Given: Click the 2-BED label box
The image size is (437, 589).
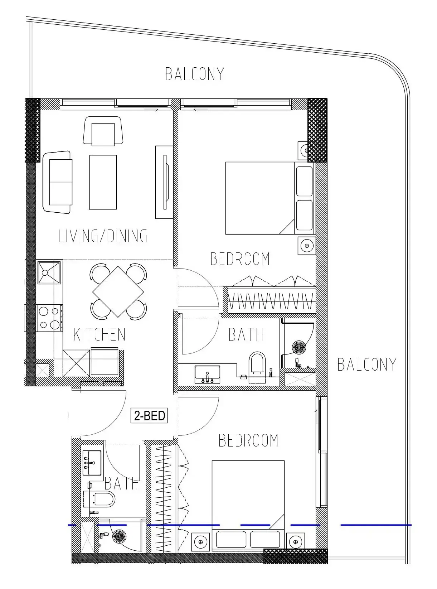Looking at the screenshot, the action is click(149, 415).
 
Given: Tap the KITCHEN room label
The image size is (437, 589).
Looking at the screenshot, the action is click(99, 334).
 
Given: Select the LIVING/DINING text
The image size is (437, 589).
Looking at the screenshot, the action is click(102, 236).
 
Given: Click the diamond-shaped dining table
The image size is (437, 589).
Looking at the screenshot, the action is click(118, 292).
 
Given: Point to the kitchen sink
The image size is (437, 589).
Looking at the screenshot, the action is click(49, 273).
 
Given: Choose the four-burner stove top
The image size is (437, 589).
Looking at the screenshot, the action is click(50, 318).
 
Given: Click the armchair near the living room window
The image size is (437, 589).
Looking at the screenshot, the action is click(103, 131).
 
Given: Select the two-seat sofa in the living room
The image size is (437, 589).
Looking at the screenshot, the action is click(57, 182).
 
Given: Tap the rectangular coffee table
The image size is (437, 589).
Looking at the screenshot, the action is click(103, 183).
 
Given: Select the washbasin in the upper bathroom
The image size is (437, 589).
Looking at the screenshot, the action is click(207, 375).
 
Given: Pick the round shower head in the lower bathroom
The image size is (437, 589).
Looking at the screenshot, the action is click(120, 536).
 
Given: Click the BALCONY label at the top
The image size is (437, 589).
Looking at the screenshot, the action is click(195, 74).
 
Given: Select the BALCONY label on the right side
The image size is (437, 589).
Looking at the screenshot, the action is click(366, 364).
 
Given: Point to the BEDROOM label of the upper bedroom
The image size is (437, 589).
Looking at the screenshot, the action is click(240, 259).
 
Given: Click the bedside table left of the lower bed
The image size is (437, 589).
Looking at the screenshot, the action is click(201, 541).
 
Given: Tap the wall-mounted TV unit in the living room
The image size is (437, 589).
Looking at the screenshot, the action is click(165, 182).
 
